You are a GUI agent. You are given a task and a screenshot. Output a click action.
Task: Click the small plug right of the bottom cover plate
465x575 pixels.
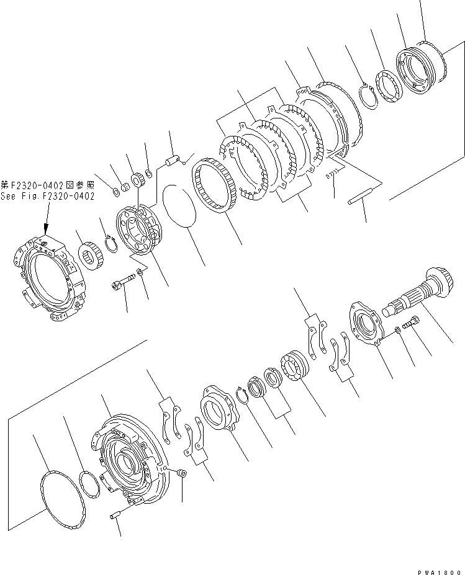182,473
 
